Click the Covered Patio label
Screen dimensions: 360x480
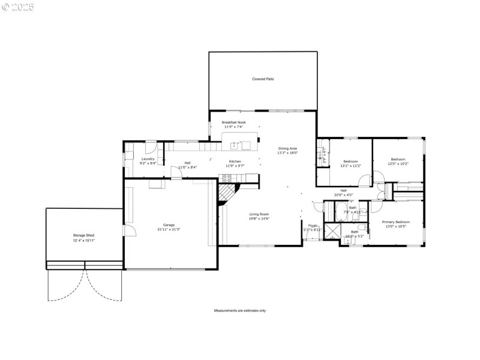tap(263, 79)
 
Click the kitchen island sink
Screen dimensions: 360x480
tap(245, 145)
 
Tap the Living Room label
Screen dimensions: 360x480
tap(259, 214)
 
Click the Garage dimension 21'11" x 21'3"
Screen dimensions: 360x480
tap(169, 229)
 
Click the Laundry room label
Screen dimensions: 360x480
tap(148, 158)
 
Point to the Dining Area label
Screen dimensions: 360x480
tap(287, 148)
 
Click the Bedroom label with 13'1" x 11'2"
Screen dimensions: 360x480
tap(351, 161)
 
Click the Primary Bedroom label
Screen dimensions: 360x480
tap(397, 222)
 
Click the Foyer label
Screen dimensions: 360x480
tap(312, 226)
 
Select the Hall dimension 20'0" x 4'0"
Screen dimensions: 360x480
tap(344, 196)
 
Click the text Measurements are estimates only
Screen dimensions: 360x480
tap(240, 311)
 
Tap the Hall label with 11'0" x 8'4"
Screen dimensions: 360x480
tap(188, 167)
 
